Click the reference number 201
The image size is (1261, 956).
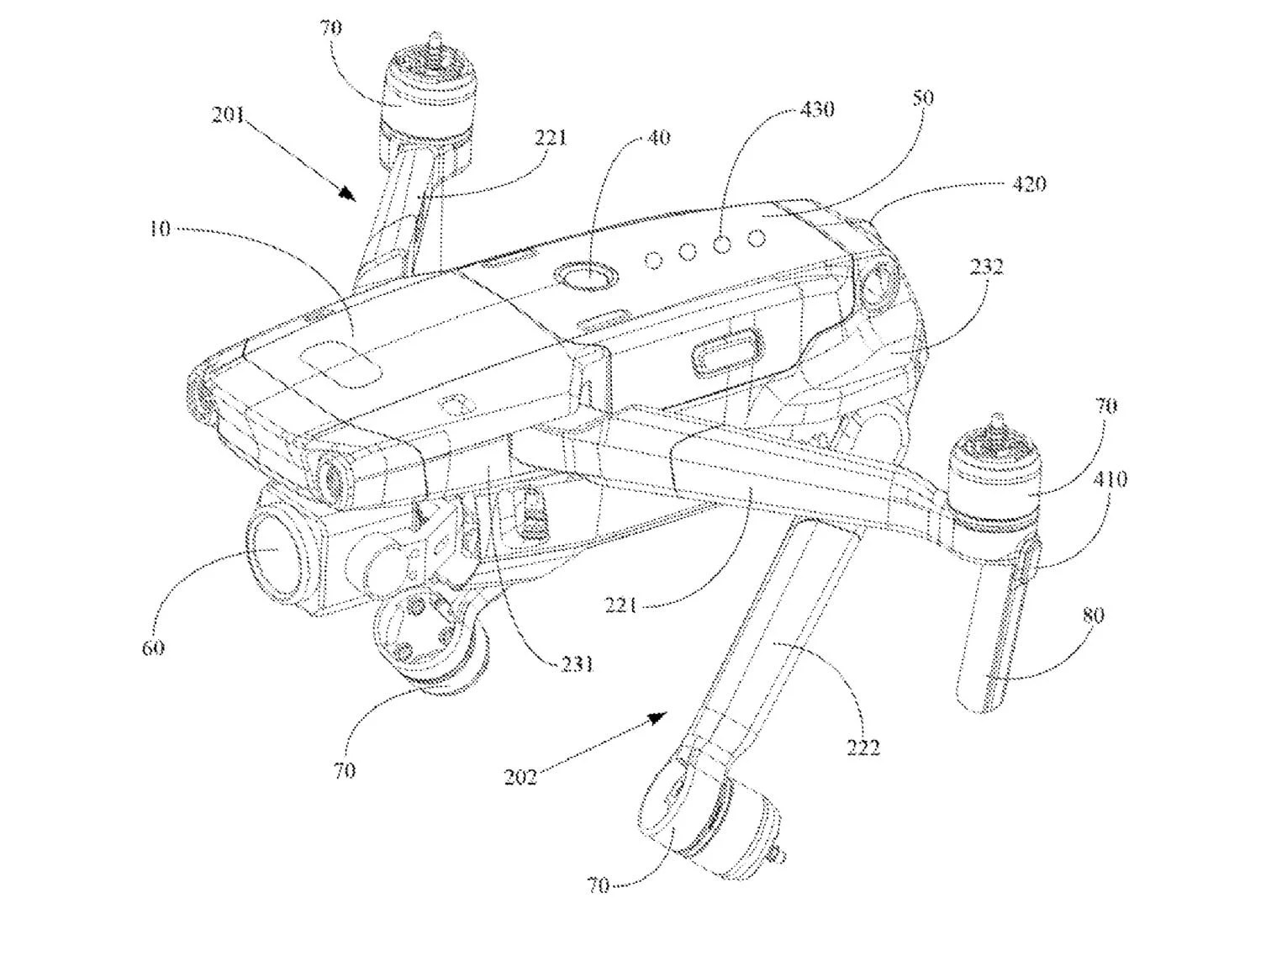(x=228, y=115)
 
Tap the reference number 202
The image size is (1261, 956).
(x=520, y=777)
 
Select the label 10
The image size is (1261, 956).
(x=160, y=229)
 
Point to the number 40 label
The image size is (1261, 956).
(x=657, y=137)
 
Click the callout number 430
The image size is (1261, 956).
(x=817, y=108)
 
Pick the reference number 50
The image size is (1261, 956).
(x=922, y=97)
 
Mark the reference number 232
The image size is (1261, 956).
(x=986, y=267)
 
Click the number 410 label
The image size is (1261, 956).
(x=1110, y=478)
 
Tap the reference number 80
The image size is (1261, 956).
(x=1093, y=615)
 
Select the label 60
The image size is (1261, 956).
(x=153, y=648)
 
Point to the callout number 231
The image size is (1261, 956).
(x=576, y=665)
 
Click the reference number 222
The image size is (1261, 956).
(x=863, y=747)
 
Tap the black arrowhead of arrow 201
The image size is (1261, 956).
(x=347, y=194)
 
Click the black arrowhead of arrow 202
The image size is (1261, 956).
(x=657, y=717)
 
